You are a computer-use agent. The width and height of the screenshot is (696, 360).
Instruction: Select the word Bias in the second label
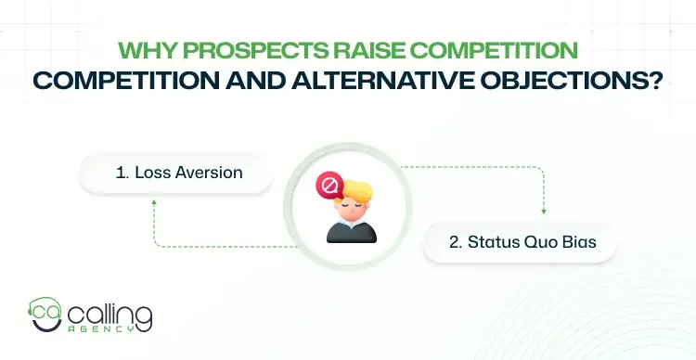point(579,242)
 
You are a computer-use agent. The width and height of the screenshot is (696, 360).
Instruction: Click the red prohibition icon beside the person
point(327,186)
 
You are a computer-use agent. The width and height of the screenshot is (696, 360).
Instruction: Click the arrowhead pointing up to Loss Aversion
point(153,200)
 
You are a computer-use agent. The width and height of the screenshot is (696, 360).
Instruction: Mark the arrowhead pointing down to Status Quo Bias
point(543,212)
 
